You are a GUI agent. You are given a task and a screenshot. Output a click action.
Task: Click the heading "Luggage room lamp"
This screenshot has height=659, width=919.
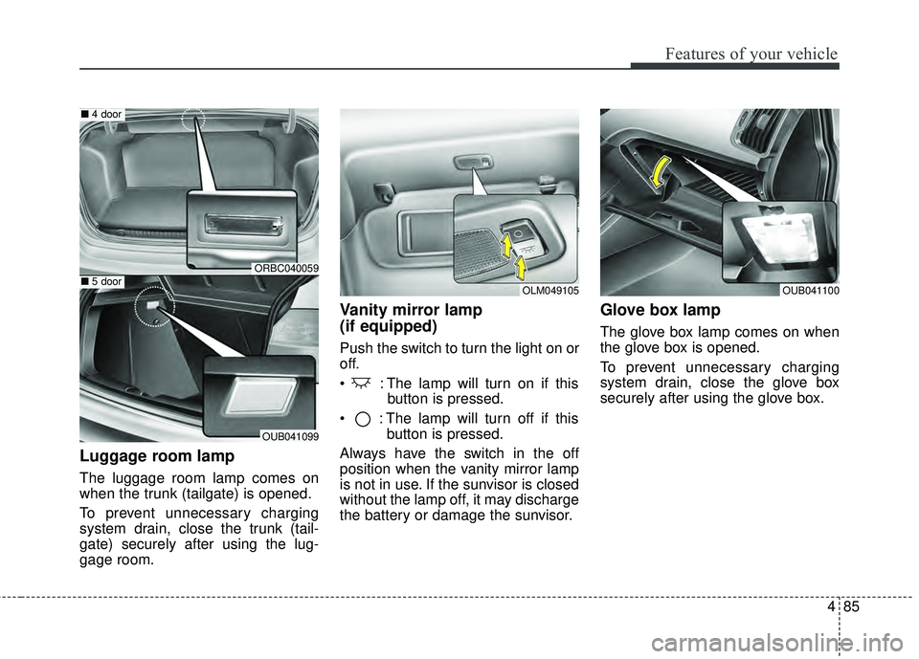click(156, 456)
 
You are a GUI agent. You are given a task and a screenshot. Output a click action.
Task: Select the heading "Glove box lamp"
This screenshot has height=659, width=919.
click(659, 309)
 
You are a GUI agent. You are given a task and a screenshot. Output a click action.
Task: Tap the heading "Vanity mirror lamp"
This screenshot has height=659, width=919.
click(411, 309)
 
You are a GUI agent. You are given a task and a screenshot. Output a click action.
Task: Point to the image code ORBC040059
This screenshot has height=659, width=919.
click(285, 268)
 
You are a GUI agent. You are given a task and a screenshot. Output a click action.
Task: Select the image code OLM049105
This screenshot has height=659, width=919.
click(549, 290)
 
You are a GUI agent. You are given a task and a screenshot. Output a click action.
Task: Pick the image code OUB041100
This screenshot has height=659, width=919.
click(810, 290)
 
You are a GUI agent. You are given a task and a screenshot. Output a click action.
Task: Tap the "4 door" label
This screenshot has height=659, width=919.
click(104, 114)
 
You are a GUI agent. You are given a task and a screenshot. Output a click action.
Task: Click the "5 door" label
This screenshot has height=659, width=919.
click(104, 281)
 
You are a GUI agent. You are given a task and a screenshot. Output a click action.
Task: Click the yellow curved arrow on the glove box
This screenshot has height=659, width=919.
click(658, 179)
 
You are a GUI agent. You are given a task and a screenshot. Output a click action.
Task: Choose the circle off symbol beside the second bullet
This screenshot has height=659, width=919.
click(361, 417)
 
